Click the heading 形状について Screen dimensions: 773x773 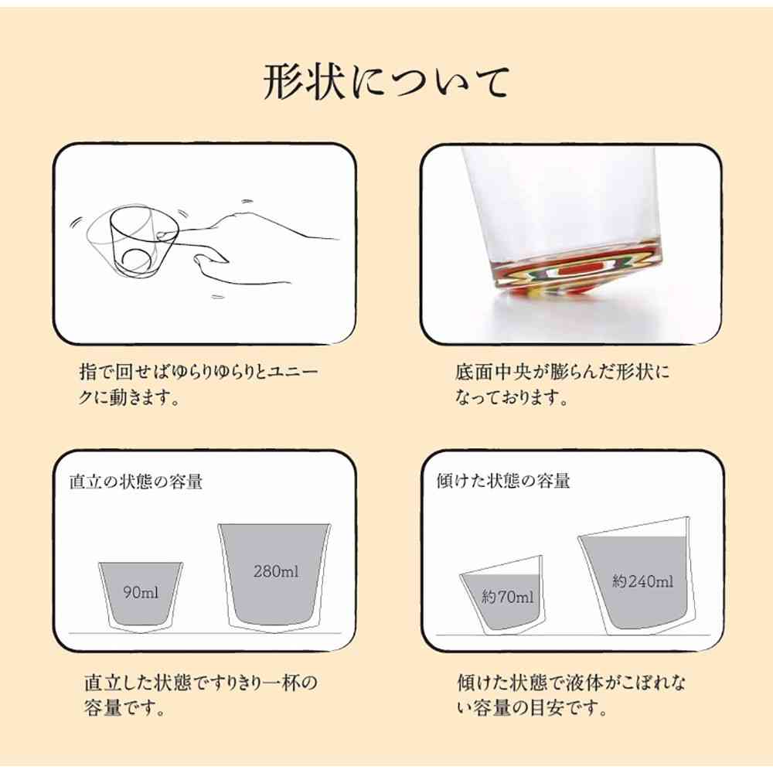(386, 83)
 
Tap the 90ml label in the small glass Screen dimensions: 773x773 (141, 593)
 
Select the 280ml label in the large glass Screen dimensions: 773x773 (276, 572)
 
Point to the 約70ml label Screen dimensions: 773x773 (507, 597)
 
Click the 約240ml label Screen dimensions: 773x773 (642, 581)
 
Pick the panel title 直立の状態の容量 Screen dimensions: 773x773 (135, 481)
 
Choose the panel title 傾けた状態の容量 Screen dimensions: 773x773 (503, 481)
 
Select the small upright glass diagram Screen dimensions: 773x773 (141, 595)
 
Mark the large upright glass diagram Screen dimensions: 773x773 (276, 576)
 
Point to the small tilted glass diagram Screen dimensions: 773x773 (503, 595)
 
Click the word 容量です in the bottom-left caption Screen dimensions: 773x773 (124, 708)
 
